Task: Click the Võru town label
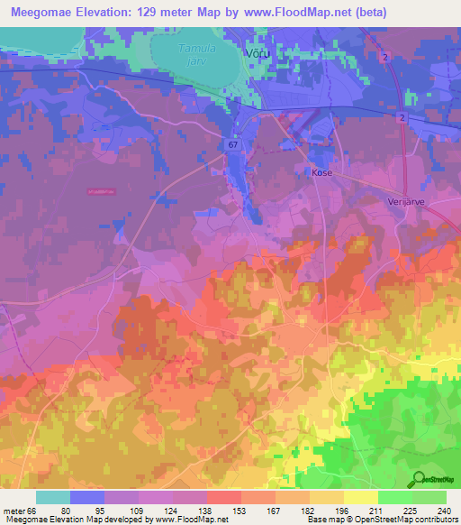point(258,54)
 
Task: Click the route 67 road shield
point(233,143)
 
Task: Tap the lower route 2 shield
point(400,118)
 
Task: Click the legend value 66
point(30,511)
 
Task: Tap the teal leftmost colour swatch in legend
point(52,497)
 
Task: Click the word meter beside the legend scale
point(12,511)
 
